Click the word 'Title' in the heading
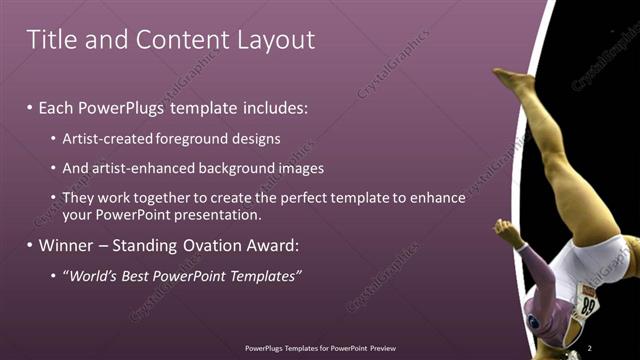tap(47, 40)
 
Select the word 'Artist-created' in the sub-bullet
tap(104, 138)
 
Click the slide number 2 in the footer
tap(590, 348)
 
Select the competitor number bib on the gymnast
tap(589, 300)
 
